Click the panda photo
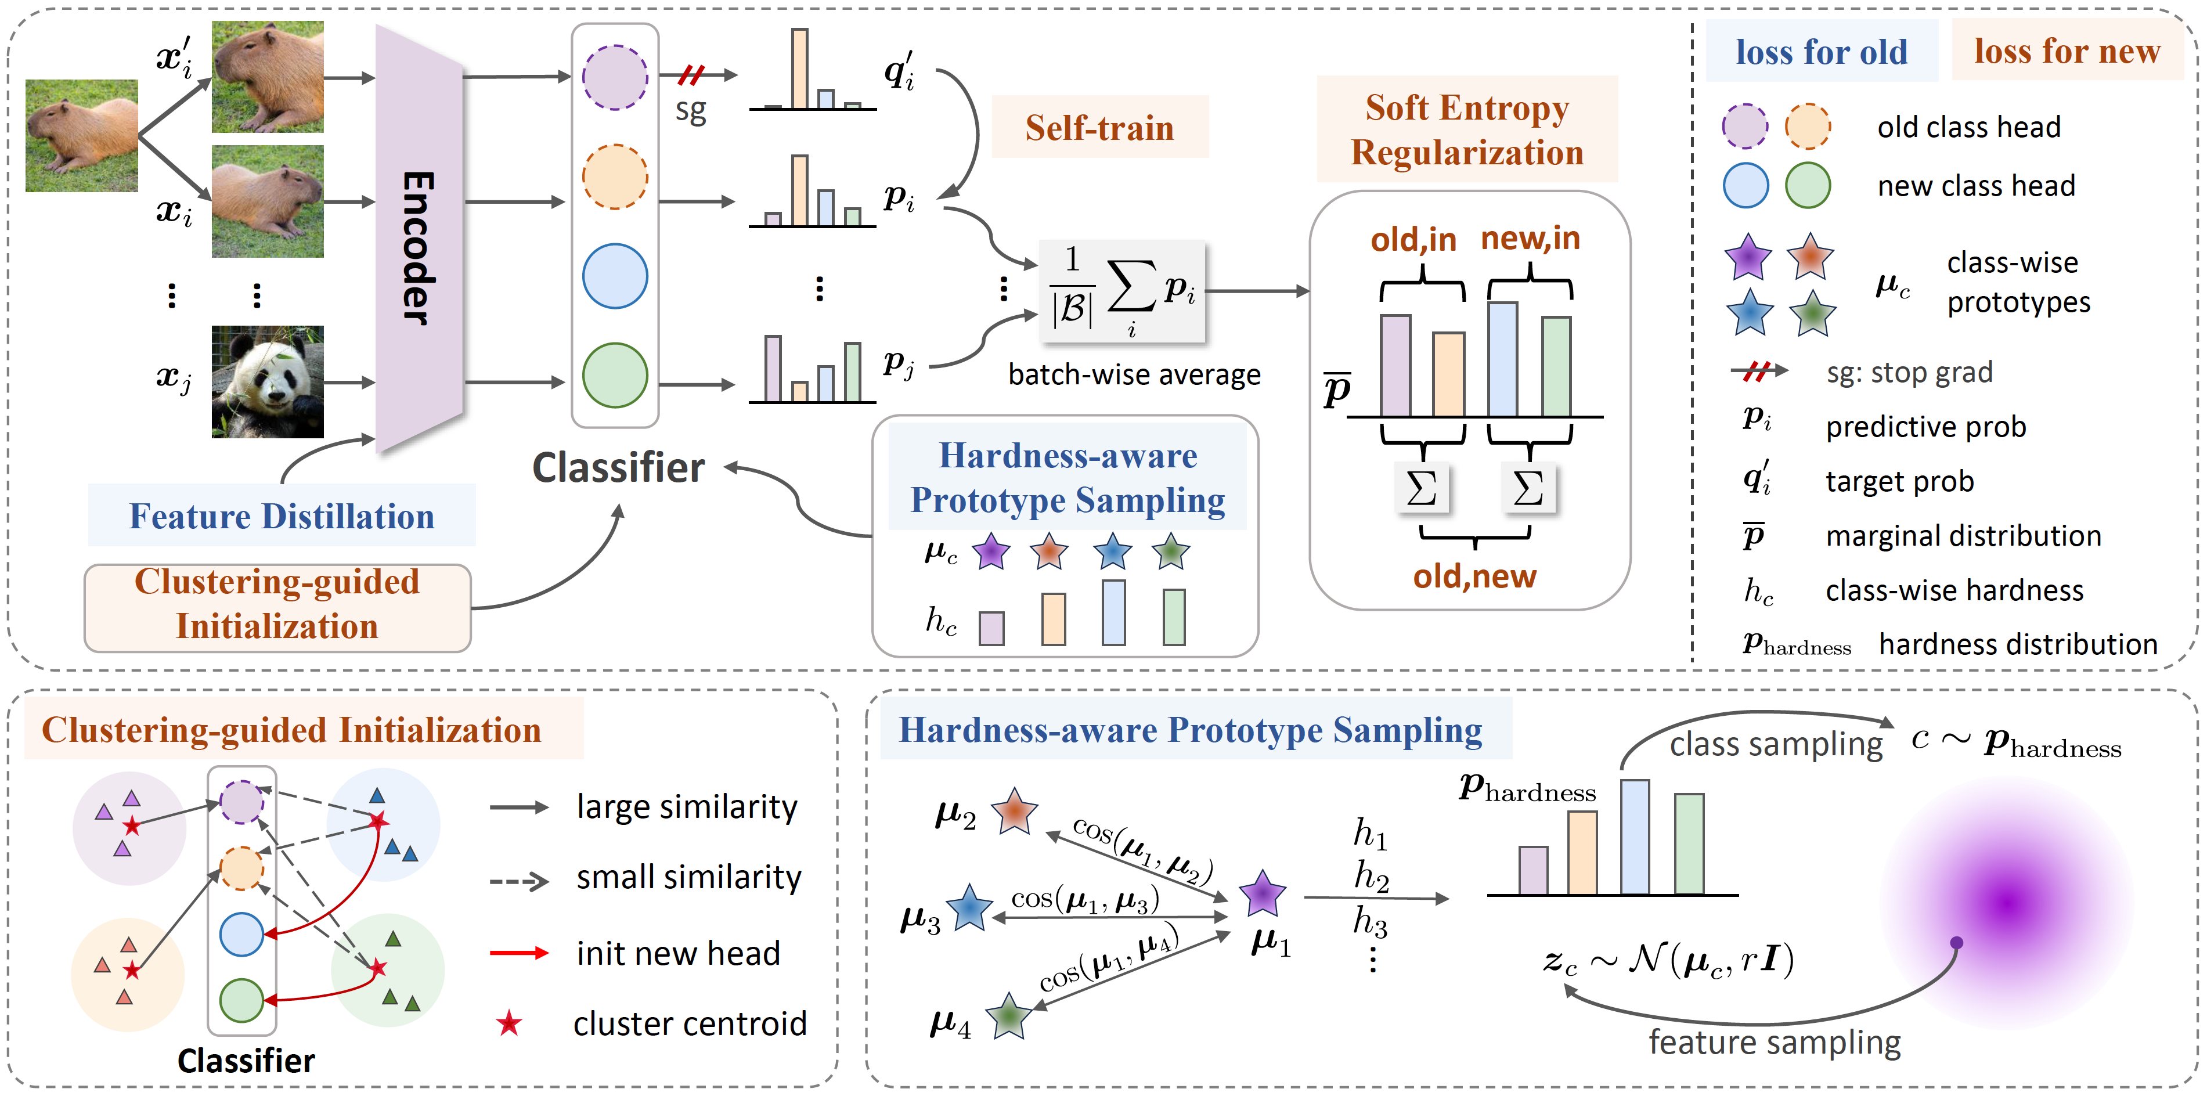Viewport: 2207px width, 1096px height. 267,382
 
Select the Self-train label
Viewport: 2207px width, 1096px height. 1099,128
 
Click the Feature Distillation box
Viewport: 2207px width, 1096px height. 282,516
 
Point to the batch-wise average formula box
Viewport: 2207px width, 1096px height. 1121,292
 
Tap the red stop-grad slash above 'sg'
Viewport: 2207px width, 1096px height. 691,75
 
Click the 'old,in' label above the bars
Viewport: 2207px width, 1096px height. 1413,240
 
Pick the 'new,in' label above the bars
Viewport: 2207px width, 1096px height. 1530,238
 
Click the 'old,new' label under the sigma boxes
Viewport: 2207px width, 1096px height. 1474,576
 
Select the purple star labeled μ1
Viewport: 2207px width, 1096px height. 1262,894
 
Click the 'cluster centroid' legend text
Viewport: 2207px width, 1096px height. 690,1024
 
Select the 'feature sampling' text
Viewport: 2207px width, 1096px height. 1775,1043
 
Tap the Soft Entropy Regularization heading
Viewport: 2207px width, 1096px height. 1467,129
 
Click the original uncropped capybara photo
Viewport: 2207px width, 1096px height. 81,135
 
